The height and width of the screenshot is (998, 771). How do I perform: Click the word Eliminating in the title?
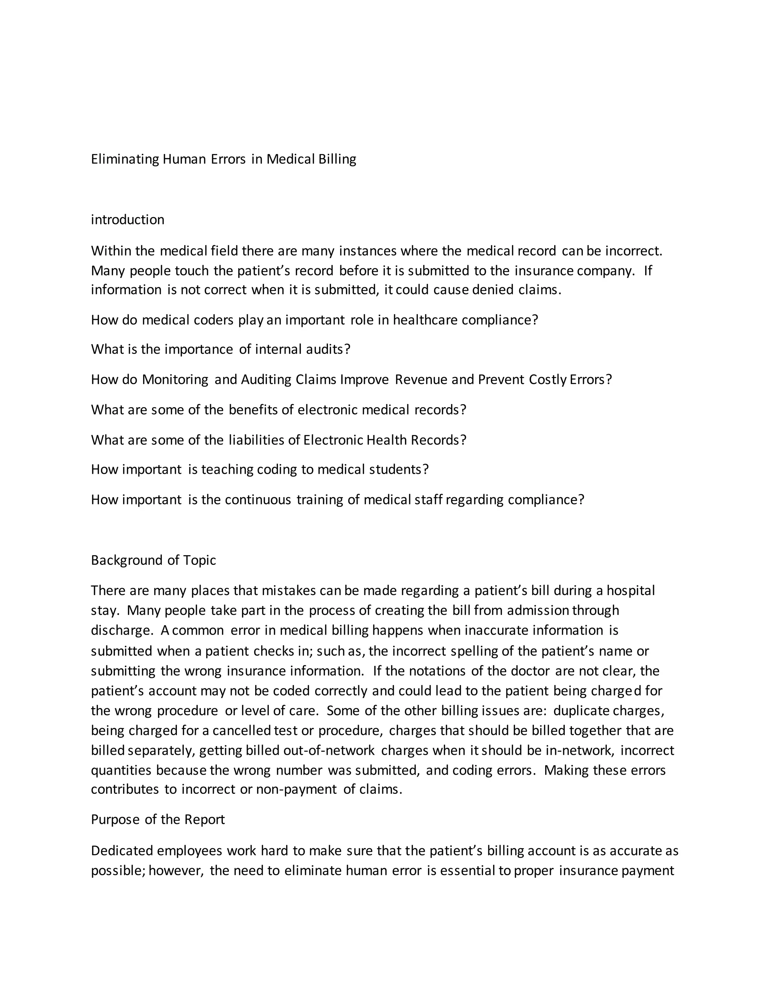click(125, 159)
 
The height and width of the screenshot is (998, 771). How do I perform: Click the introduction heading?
click(128, 220)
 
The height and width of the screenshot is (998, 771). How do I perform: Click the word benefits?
click(253, 410)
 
